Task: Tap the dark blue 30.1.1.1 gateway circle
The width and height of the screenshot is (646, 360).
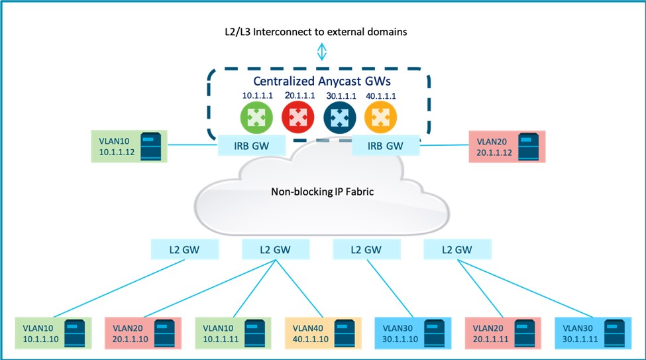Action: tap(338, 118)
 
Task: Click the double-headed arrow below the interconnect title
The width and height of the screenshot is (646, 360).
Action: tap(322, 52)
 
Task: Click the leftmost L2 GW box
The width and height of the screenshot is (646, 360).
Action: tap(176, 250)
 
